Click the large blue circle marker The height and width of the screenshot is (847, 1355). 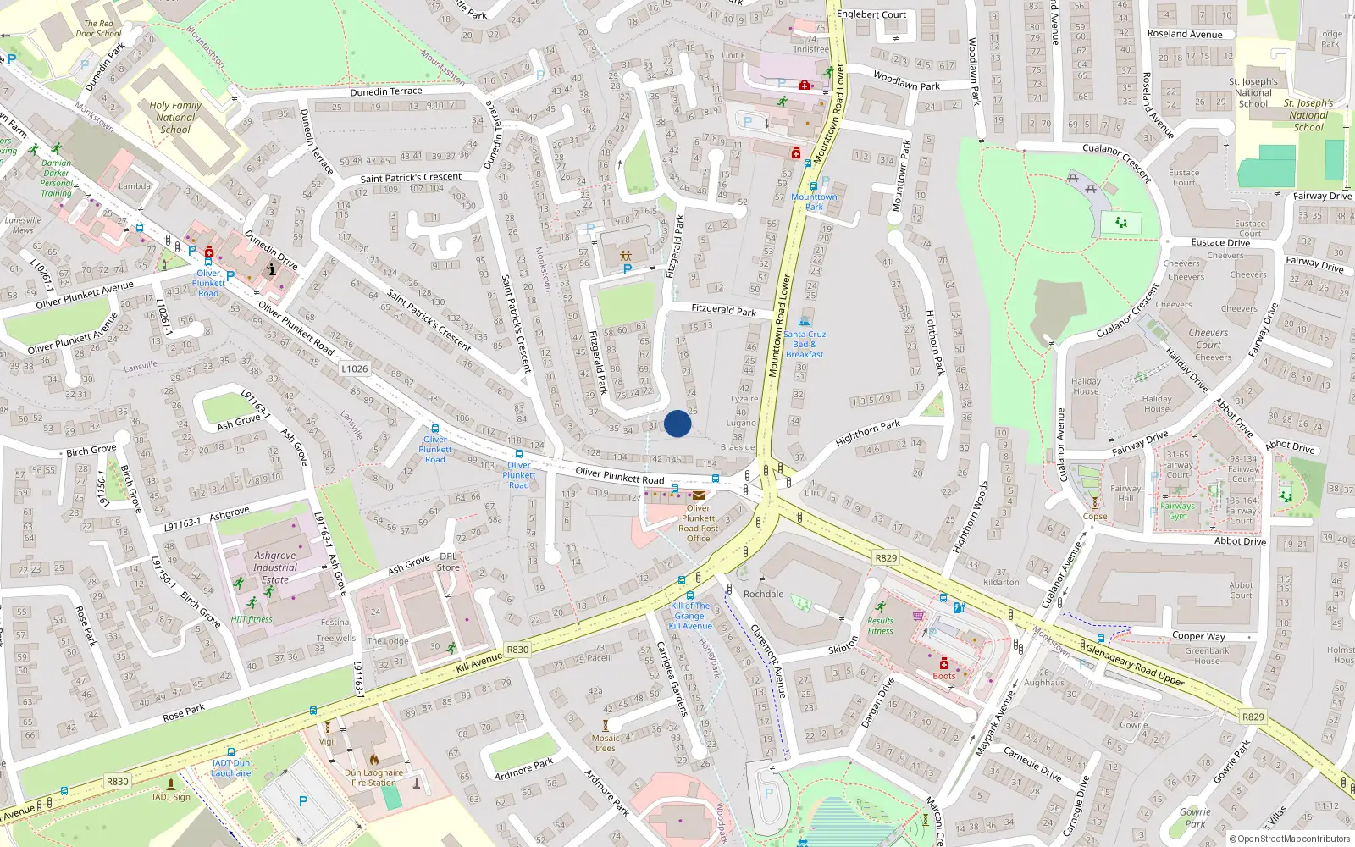coord(677,423)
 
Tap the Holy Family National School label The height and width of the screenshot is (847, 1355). coord(175,118)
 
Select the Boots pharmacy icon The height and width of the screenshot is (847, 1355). coord(944,663)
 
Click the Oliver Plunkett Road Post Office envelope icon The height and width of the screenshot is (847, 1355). coord(699,495)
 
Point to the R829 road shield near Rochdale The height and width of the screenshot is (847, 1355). coord(886,557)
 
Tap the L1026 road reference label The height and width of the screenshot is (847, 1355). coord(355,368)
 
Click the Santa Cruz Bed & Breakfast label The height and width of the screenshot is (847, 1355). coord(805,344)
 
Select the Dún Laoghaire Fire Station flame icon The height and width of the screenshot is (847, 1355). coord(374,760)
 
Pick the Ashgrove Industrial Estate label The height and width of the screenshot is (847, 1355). coord(275,567)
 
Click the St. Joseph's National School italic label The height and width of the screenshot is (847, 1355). coord(1308,115)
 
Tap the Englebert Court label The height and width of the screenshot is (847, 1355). coord(871,14)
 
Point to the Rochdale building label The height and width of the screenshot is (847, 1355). coord(764,594)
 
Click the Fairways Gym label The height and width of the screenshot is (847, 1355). coord(1178,511)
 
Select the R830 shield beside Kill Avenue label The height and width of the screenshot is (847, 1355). coord(517,650)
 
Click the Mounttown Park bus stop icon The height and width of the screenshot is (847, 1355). coord(814,186)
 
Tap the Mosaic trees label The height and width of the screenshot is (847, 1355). coord(606,743)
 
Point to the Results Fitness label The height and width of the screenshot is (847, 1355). coord(880,625)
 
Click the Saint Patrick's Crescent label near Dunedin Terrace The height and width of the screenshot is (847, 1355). coord(411,178)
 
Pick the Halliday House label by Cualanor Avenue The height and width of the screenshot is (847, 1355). coord(1086,386)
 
